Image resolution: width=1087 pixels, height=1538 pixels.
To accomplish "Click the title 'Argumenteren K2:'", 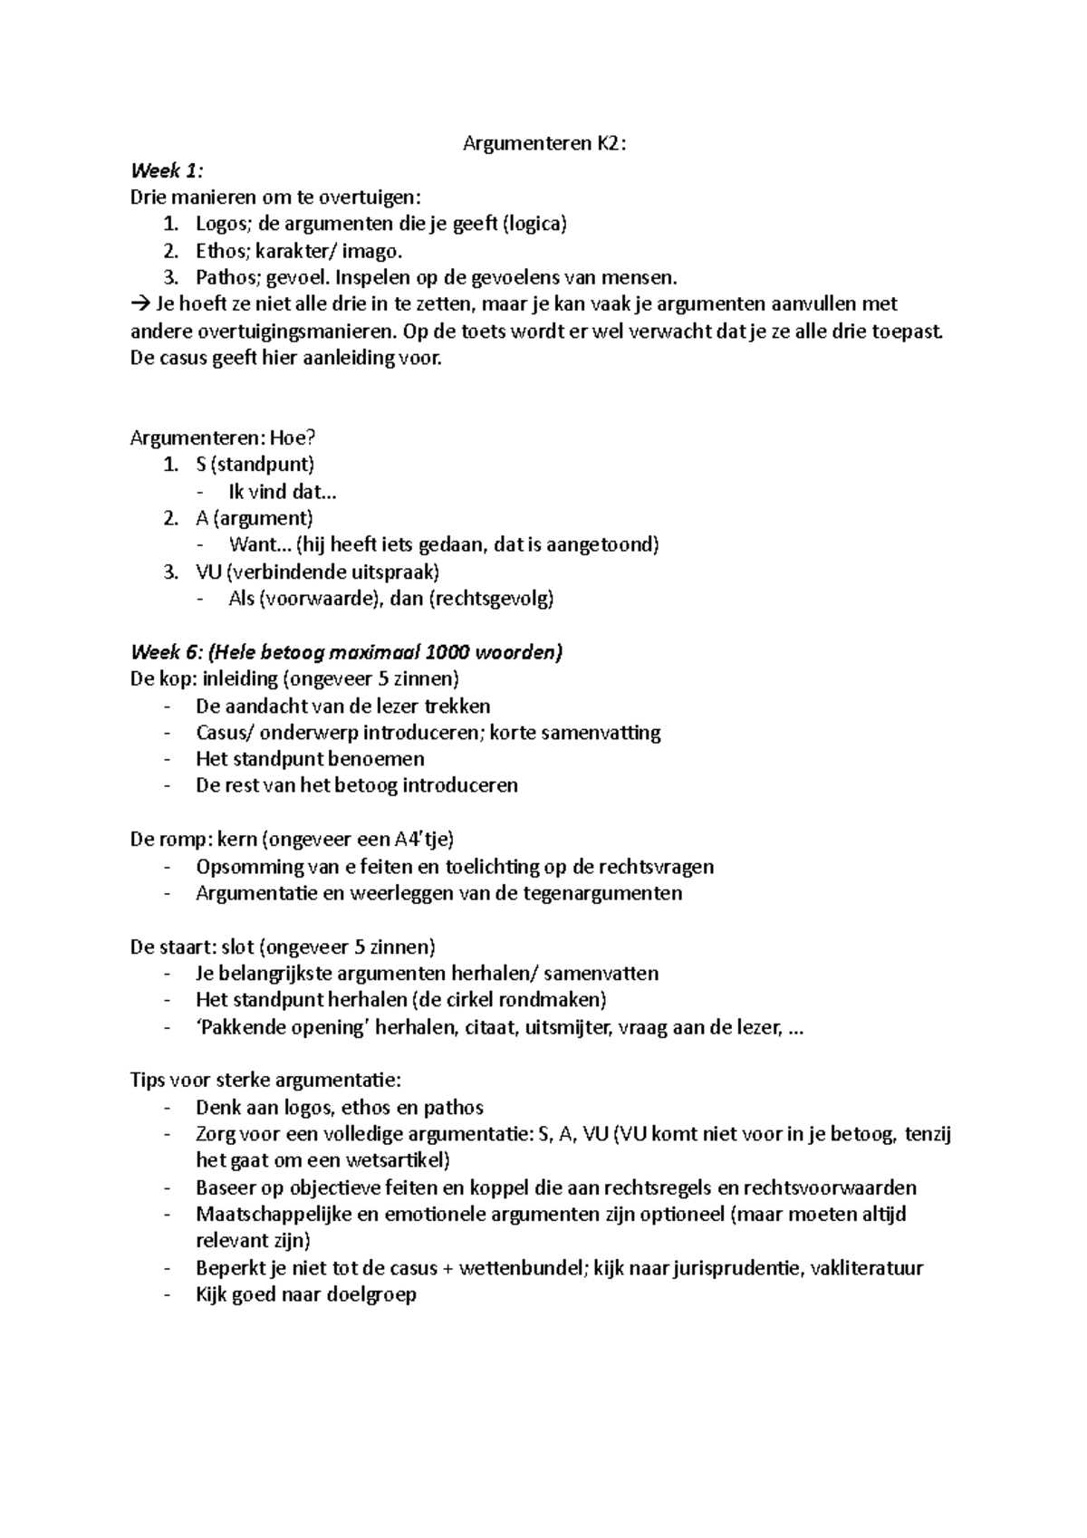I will pyautogui.click(x=543, y=143).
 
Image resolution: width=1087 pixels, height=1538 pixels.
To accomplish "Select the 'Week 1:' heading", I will pyautogui.click(x=168, y=170).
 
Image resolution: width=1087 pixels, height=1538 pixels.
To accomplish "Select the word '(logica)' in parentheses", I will pyautogui.click(x=534, y=224).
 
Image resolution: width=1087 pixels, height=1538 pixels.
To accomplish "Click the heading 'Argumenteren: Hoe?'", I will pyautogui.click(x=223, y=438).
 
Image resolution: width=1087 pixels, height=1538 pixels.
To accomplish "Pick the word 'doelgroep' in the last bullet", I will pyautogui.click(x=373, y=1294).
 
